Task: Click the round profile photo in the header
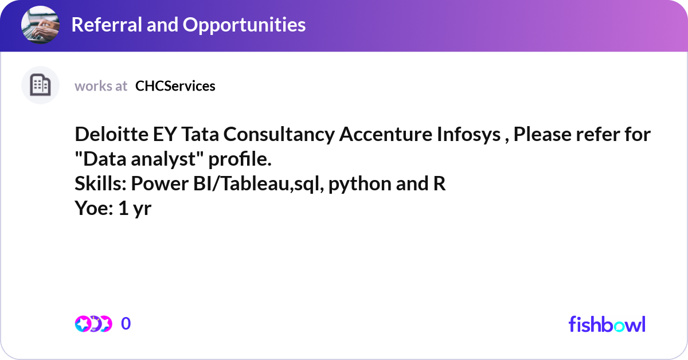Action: (40, 24)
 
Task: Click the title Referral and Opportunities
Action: (188, 24)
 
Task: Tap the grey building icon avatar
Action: (40, 85)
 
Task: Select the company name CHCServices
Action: (175, 86)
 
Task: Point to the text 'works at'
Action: (101, 86)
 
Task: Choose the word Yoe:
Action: (94, 208)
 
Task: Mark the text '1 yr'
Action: (135, 208)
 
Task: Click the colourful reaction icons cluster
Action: (93, 324)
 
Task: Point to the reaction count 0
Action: (126, 324)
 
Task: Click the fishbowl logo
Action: (607, 324)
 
